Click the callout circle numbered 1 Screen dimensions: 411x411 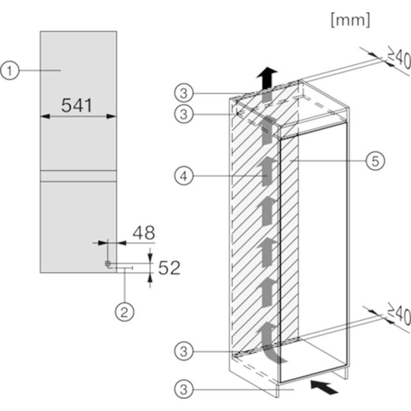coord(10,71)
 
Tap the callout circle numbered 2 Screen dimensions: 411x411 coord(125,312)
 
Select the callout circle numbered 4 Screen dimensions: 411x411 coord(184,176)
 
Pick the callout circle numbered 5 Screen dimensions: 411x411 coord(375,161)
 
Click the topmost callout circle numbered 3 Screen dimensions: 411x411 coord(184,93)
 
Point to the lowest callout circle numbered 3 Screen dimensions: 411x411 coord(184,389)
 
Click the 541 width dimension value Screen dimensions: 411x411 coord(77,105)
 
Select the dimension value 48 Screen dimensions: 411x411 coord(144,232)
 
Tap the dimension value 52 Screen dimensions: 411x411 coord(170,268)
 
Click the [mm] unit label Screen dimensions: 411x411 coord(351,20)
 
